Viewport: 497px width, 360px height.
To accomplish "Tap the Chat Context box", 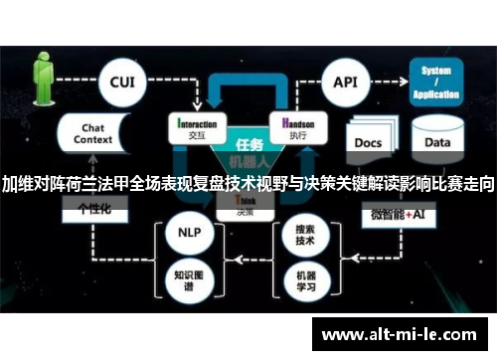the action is [92, 135].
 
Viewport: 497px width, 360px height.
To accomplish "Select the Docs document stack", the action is [370, 141].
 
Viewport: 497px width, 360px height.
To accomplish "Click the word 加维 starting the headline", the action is [16, 184].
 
